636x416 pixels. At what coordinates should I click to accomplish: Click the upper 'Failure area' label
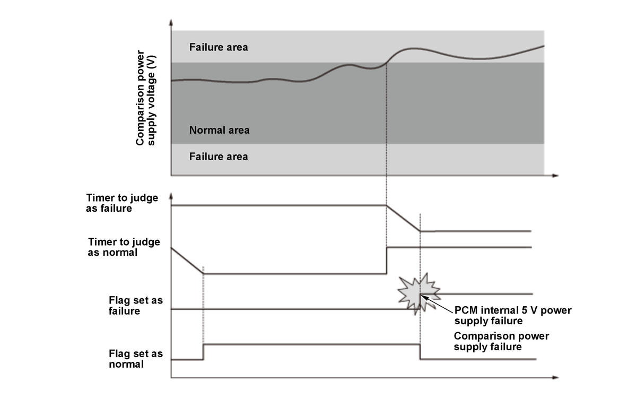pos(218,47)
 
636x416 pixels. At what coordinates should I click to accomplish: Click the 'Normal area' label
pos(219,130)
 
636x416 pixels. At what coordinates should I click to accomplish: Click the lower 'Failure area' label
pos(218,157)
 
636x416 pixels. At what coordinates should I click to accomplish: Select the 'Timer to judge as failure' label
pos(122,203)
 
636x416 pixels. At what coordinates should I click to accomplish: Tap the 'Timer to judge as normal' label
pos(124,247)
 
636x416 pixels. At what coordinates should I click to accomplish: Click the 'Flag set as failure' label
pos(135,306)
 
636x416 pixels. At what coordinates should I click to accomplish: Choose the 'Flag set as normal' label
pos(135,359)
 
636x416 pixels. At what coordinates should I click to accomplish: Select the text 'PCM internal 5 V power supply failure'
pos(512,315)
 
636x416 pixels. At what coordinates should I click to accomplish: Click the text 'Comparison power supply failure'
pos(501,341)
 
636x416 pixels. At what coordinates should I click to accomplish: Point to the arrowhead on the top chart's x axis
pos(555,175)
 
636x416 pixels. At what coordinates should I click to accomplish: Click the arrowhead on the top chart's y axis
pos(171,23)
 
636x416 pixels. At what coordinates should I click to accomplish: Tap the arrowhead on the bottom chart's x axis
pos(555,378)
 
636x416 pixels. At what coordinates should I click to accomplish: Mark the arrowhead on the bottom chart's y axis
pos(171,196)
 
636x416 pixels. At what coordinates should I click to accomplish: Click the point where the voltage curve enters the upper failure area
pos(387,62)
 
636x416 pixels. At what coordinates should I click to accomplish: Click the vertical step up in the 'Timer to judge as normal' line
pos(387,260)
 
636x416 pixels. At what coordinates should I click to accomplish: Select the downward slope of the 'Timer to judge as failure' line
pos(403,218)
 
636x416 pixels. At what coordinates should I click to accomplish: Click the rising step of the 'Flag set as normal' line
pos(203,352)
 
